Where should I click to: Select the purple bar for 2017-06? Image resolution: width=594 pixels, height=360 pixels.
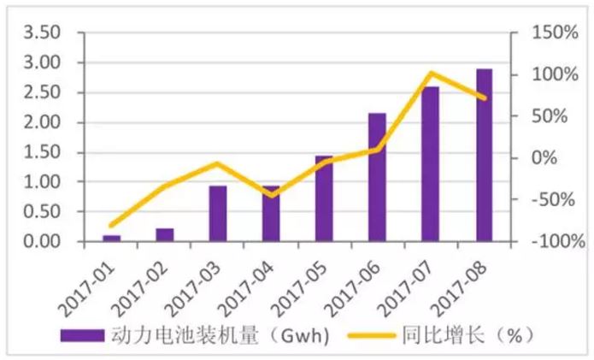click(377, 177)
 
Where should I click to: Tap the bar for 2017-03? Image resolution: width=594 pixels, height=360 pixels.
click(218, 214)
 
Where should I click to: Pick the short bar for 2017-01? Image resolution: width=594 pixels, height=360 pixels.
click(112, 238)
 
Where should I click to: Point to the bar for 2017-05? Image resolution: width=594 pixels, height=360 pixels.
click(324, 198)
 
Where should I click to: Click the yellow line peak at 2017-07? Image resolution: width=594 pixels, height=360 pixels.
click(431, 74)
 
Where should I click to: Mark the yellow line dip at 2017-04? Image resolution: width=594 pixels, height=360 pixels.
click(271, 196)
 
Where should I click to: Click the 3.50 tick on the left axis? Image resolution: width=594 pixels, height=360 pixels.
click(43, 33)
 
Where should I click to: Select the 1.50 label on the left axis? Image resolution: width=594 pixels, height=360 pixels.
click(43, 152)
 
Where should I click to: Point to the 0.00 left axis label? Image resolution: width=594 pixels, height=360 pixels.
click(43, 242)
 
